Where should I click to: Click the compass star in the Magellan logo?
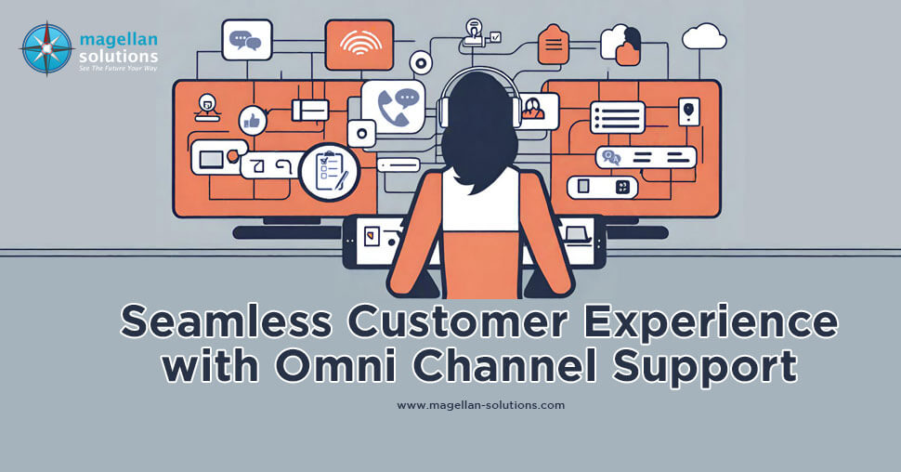click(x=46, y=48)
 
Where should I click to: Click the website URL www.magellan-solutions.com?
click(x=480, y=405)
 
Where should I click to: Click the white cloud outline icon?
click(x=704, y=38)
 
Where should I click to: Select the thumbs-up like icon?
click(x=252, y=119)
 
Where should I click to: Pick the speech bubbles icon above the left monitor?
click(x=246, y=40)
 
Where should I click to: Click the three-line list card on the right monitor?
click(x=617, y=117)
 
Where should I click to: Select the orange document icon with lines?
click(x=555, y=43)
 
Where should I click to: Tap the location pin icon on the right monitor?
click(x=688, y=111)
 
